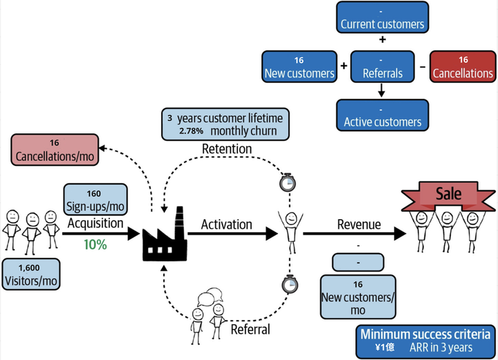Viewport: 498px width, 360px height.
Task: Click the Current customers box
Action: [382, 18]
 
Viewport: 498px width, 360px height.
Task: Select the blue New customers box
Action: [299, 66]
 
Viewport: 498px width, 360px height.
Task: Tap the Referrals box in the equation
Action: [382, 66]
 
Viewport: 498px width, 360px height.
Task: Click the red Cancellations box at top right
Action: [463, 66]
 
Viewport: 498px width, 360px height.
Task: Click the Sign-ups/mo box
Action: [95, 199]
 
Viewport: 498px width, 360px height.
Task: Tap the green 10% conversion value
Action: [95, 244]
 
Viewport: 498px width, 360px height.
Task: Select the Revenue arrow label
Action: [359, 225]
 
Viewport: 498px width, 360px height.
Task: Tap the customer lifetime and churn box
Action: [225, 124]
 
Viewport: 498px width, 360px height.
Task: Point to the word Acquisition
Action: [95, 224]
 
